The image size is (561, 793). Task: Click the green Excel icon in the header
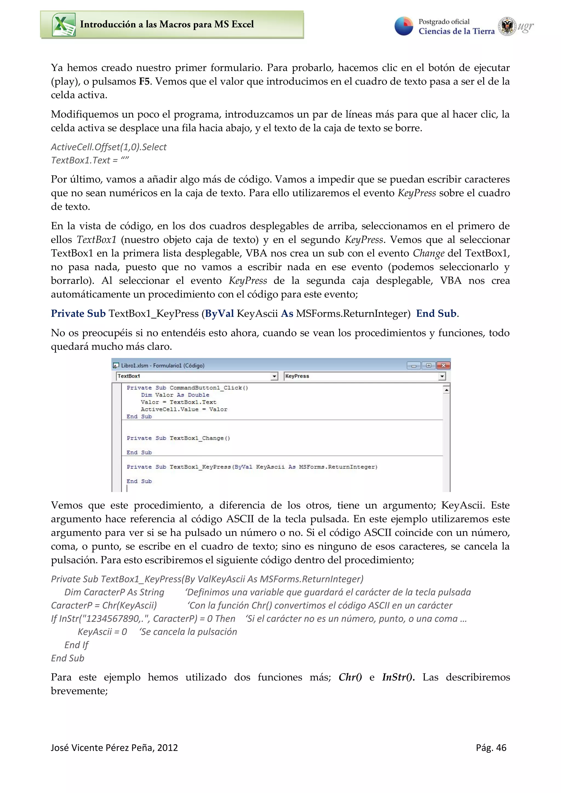click(64, 25)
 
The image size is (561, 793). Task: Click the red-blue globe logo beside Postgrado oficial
click(404, 26)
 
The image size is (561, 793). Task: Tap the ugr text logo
click(525, 27)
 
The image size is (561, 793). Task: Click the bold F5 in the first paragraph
click(144, 82)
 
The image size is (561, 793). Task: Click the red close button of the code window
click(443, 365)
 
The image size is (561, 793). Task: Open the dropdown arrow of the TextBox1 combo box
click(274, 376)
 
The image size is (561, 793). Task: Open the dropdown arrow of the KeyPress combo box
click(442, 376)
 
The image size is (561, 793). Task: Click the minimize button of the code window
click(413, 365)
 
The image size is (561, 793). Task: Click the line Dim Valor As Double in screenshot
click(175, 395)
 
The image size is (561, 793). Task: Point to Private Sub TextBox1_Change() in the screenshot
click(178, 438)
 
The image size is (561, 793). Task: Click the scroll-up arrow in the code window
click(446, 390)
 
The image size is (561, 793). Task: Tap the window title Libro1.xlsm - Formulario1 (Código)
click(162, 365)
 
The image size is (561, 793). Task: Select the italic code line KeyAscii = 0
click(102, 632)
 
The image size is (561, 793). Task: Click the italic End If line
click(76, 645)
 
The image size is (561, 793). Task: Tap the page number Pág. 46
click(491, 748)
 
